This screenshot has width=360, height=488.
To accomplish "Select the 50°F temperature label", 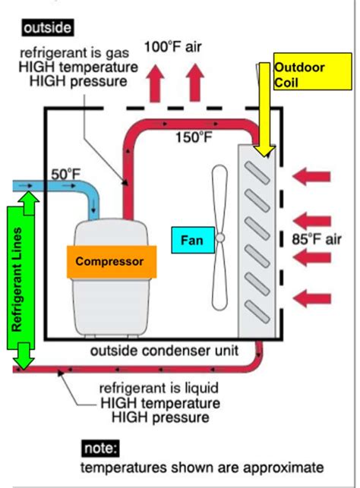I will [65, 174].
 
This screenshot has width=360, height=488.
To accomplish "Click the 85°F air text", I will [317, 240].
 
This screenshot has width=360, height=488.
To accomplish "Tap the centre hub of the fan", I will [219, 237].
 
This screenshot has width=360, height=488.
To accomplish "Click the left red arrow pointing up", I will [159, 82].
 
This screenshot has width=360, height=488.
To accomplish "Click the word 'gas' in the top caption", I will [127, 55].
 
